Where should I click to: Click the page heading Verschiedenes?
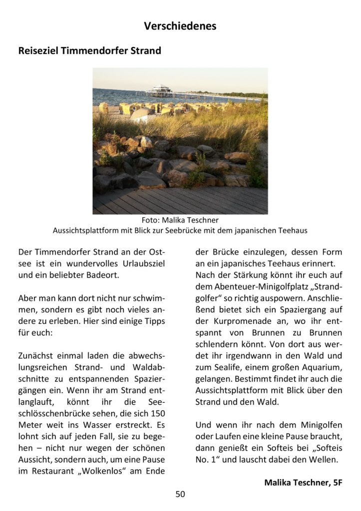(180, 26)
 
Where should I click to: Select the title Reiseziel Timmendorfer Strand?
(89, 51)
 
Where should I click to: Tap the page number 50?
(180, 494)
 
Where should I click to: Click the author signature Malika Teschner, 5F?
(303, 483)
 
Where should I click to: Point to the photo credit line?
(180, 220)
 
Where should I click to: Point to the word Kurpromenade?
(234, 321)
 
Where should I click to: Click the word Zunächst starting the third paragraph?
(37, 356)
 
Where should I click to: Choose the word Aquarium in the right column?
(322, 368)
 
